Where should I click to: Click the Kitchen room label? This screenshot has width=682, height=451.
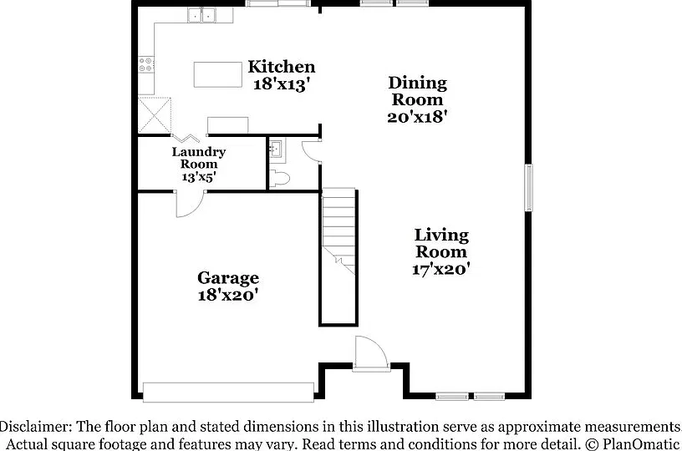pyautogui.click(x=282, y=67)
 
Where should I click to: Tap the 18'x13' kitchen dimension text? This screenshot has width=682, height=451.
pyautogui.click(x=282, y=84)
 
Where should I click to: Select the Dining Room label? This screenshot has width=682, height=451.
pyautogui.click(x=418, y=91)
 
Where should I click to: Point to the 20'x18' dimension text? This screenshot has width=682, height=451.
pyautogui.click(x=418, y=116)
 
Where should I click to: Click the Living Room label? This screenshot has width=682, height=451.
pyautogui.click(x=441, y=243)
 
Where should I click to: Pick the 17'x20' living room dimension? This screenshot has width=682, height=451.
pyautogui.click(x=441, y=269)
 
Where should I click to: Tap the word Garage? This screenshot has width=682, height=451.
pyautogui.click(x=228, y=277)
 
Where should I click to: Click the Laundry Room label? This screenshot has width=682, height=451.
pyautogui.click(x=199, y=158)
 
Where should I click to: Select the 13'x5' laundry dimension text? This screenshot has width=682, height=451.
pyautogui.click(x=199, y=177)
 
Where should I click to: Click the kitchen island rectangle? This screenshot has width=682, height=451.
pyautogui.click(x=218, y=74)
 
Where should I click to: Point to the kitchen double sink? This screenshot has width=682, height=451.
pyautogui.click(x=201, y=15)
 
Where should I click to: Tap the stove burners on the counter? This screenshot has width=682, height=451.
pyautogui.click(x=146, y=65)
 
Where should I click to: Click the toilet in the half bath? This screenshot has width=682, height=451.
pyautogui.click(x=279, y=179)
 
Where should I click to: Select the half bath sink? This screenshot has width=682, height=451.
pyautogui.click(x=275, y=149)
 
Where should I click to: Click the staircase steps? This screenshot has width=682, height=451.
pyautogui.click(x=338, y=231)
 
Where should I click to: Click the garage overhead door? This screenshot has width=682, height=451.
pyautogui.click(x=228, y=393)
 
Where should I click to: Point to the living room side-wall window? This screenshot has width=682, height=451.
pyautogui.click(x=528, y=188)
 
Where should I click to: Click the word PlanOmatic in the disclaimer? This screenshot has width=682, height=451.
pyautogui.click(x=641, y=444)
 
